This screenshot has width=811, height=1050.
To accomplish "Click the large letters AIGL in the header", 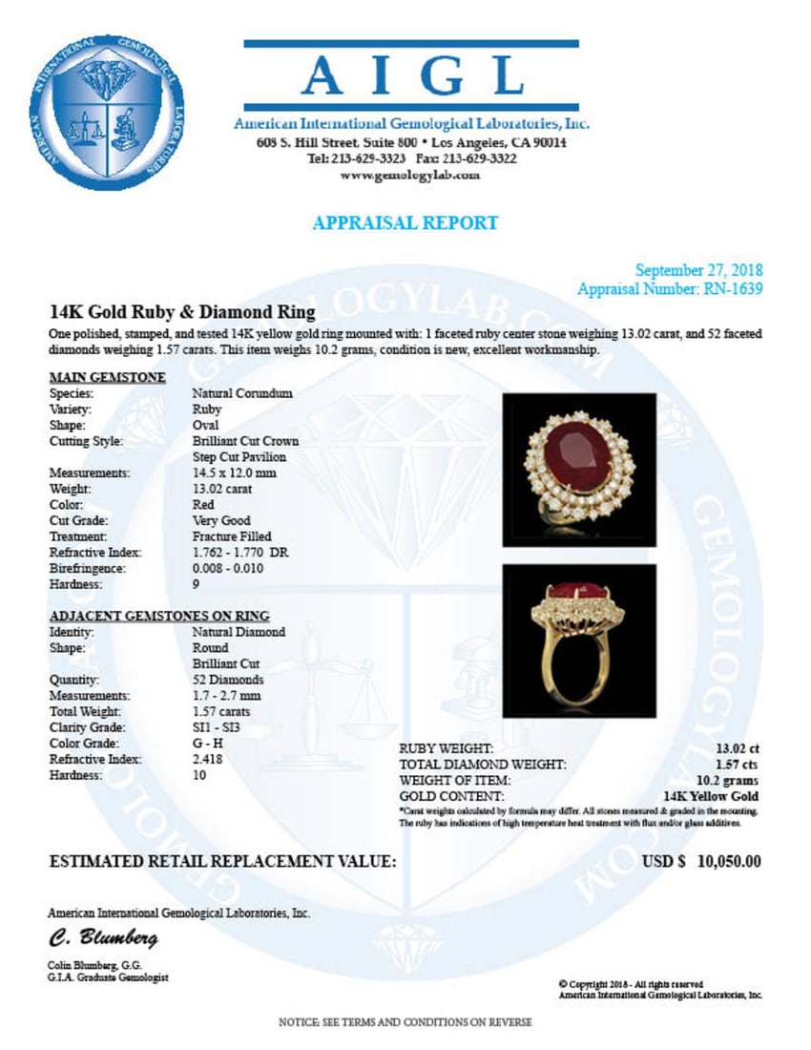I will pos(411,76).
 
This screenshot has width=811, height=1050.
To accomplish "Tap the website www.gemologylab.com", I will pos(410,176).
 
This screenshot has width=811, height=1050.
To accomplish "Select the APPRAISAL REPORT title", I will pos(405,223).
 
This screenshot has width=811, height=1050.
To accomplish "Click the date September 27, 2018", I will pos(698,270).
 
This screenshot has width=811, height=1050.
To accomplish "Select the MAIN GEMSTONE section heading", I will pos(108,377).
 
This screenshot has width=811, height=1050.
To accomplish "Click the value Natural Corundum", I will pos(242,393).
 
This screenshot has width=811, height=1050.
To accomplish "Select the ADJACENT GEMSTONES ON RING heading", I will pos(159,616).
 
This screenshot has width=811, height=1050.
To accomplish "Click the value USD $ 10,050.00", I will pos(701,861).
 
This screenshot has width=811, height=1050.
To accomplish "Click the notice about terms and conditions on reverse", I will pos(405,1022).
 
